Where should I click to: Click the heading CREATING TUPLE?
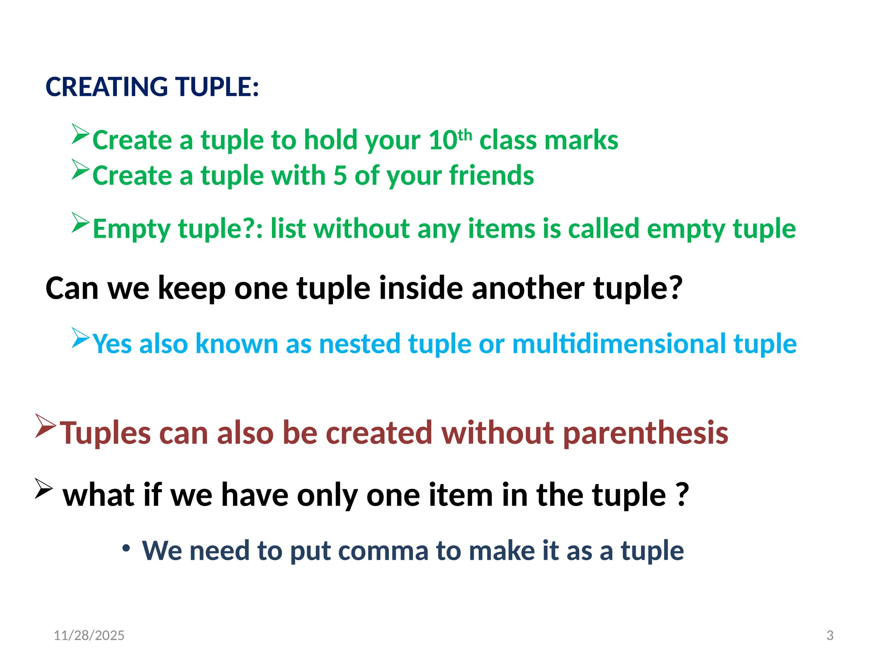coord(152,87)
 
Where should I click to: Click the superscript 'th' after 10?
coord(465,135)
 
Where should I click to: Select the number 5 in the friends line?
coord(340,176)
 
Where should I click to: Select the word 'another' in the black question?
coord(528,288)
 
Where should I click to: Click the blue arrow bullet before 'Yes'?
coord(81,338)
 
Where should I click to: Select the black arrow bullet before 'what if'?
coord(44,489)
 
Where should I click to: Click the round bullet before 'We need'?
coord(126,549)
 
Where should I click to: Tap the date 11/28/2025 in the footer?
coord(89,635)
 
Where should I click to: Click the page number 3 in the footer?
coord(830,635)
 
